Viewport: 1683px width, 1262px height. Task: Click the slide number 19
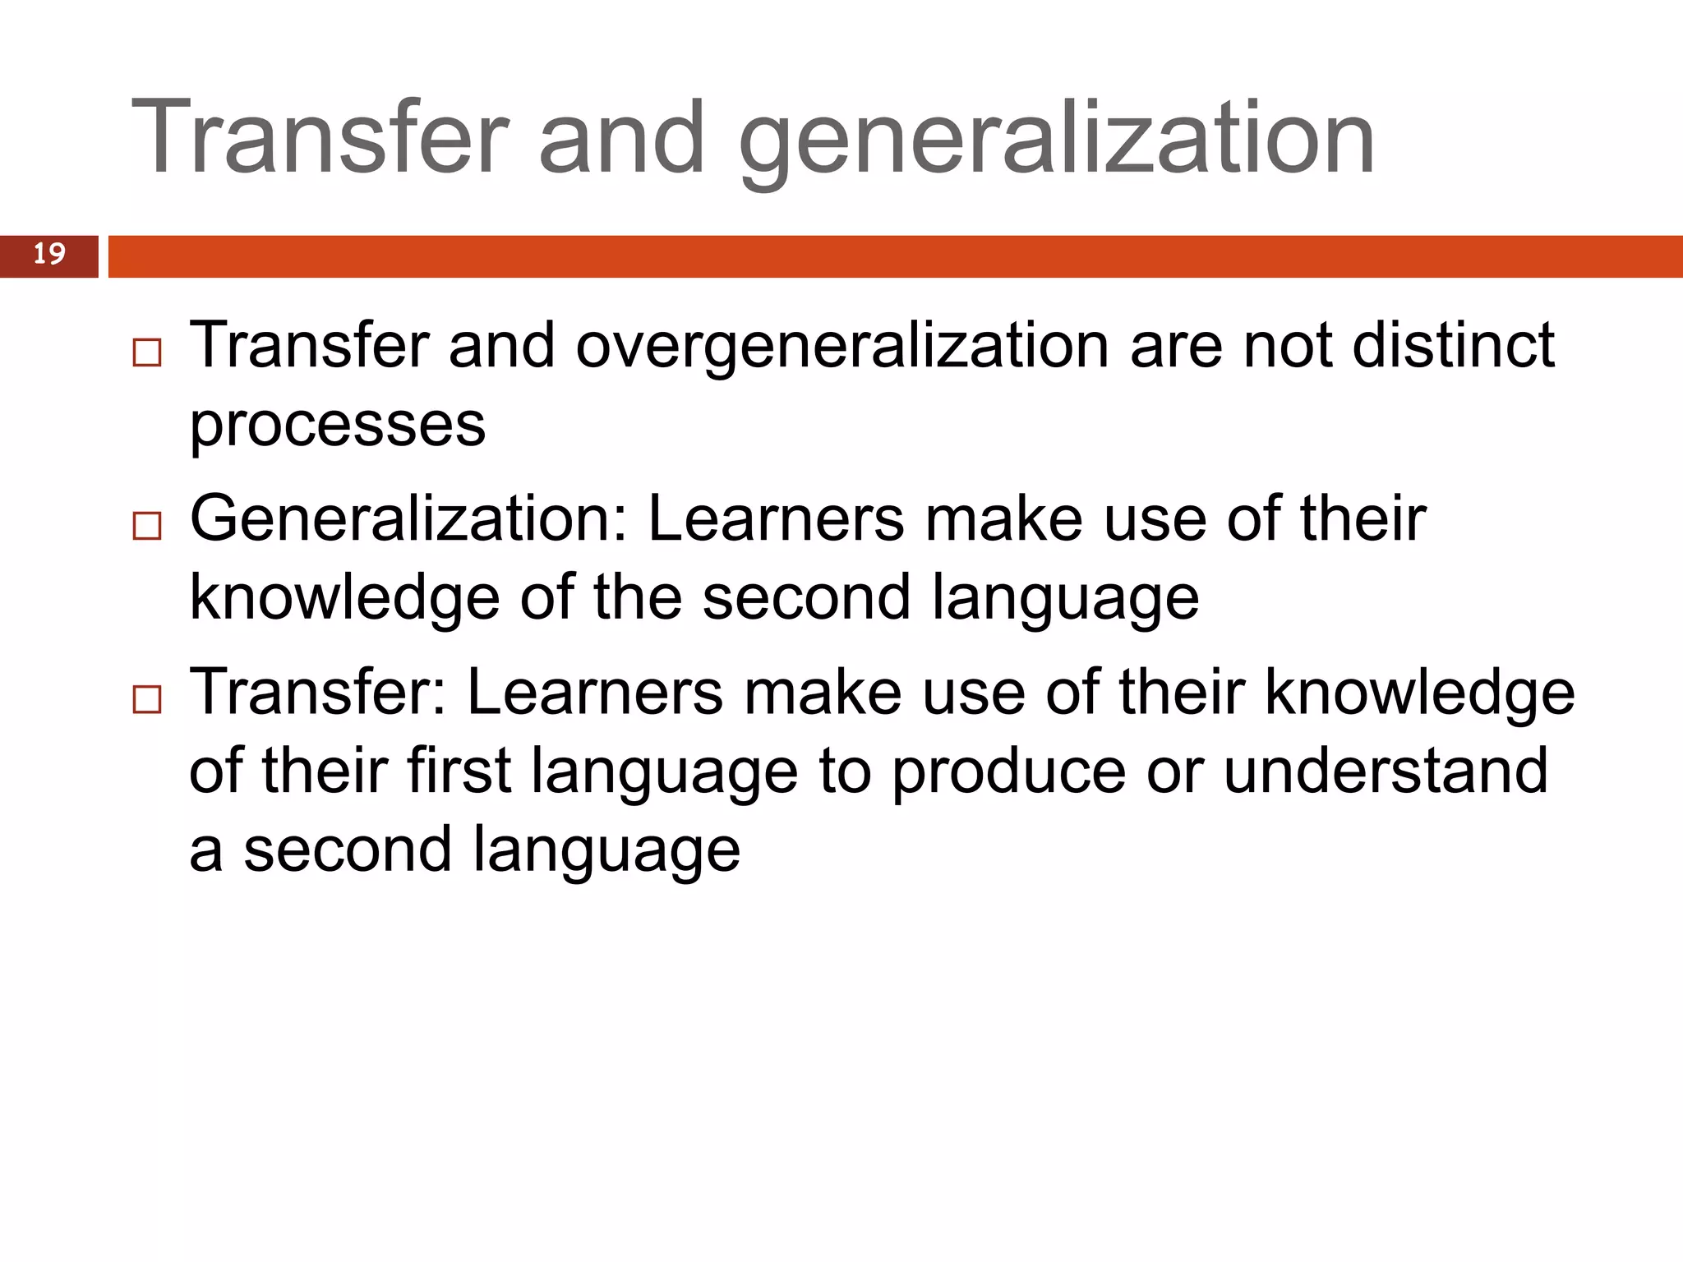point(49,254)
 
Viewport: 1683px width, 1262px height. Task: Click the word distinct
point(1453,345)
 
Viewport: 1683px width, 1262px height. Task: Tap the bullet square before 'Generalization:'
point(147,526)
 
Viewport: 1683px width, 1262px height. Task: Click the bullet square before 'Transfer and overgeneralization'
point(147,352)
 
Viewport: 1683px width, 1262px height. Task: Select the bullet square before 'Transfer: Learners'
point(147,700)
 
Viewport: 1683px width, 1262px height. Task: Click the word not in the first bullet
point(1287,345)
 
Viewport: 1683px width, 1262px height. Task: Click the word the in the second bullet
point(638,597)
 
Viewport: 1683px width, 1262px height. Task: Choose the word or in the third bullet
point(1173,772)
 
